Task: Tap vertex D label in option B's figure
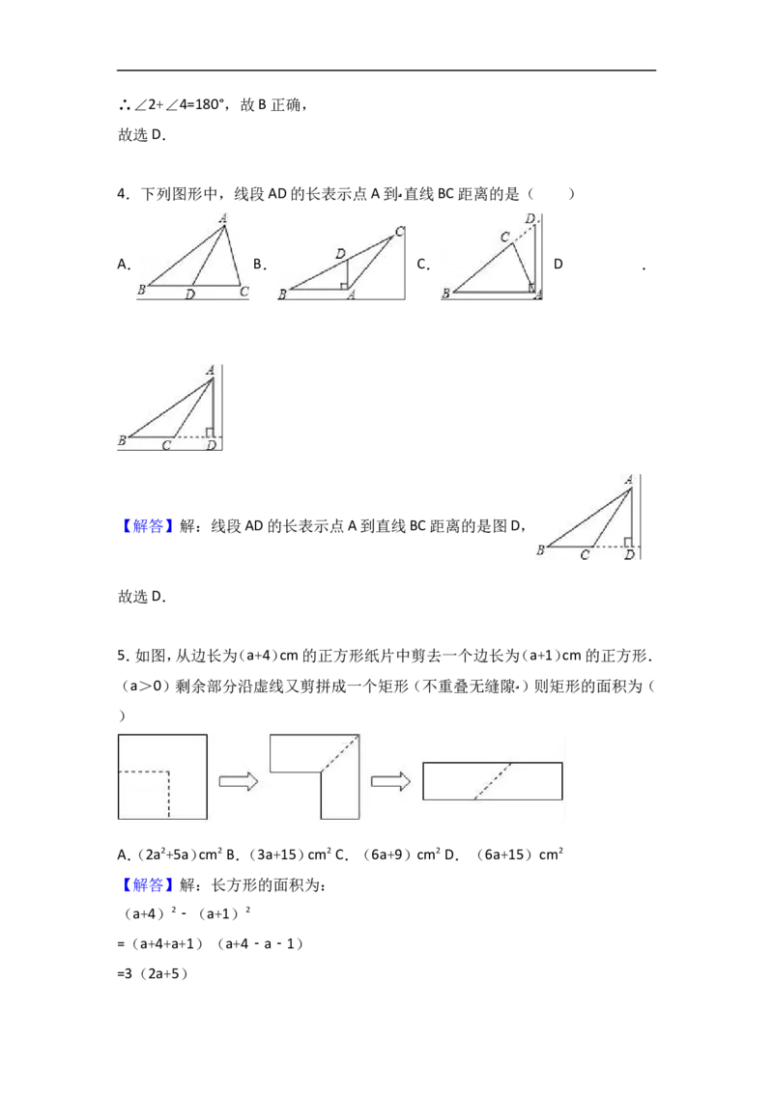[x=340, y=254]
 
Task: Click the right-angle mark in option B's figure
[x=344, y=285]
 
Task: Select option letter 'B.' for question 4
[x=260, y=265]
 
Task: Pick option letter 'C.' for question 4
[x=423, y=265]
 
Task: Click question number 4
[x=123, y=194]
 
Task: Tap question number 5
[x=123, y=656]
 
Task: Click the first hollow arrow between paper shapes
[x=239, y=781]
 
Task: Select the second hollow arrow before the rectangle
[x=390, y=781]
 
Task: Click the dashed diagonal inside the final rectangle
[x=493, y=781]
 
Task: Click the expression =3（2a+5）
[x=153, y=974]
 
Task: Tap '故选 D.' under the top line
[x=142, y=135]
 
